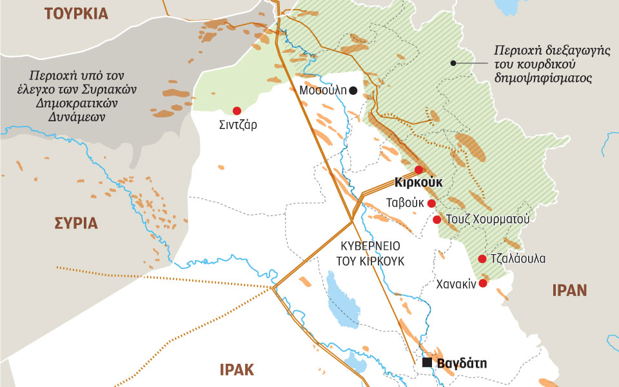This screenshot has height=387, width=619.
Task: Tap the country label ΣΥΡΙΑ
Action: (x=75, y=223)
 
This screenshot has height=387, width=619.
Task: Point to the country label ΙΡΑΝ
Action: (x=569, y=290)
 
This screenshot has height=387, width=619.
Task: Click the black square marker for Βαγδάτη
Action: (x=427, y=363)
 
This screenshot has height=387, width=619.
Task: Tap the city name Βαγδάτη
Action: (x=462, y=363)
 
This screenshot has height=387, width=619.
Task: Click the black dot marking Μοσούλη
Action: (x=353, y=91)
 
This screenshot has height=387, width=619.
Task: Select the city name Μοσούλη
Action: (x=323, y=91)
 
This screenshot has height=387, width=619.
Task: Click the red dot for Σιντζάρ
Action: (x=237, y=110)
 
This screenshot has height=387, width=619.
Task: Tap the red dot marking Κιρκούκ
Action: (x=418, y=170)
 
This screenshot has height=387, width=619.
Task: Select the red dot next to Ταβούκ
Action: (x=431, y=204)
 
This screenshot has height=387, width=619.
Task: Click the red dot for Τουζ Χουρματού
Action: (x=437, y=220)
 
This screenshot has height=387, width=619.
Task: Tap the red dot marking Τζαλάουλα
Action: (x=482, y=259)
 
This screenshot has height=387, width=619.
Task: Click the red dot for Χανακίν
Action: (x=482, y=283)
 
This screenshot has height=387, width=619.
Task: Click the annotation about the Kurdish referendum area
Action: (x=542, y=64)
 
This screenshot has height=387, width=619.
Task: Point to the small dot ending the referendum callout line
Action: (x=454, y=63)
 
